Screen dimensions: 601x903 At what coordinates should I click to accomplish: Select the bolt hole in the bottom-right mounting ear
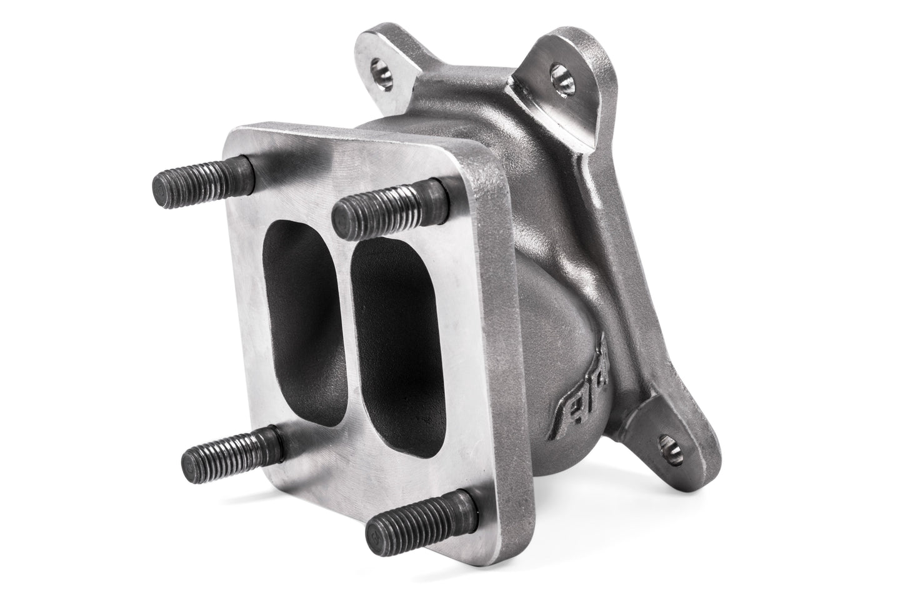click(669, 445)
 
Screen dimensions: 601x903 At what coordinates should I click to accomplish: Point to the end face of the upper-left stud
click(160, 186)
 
